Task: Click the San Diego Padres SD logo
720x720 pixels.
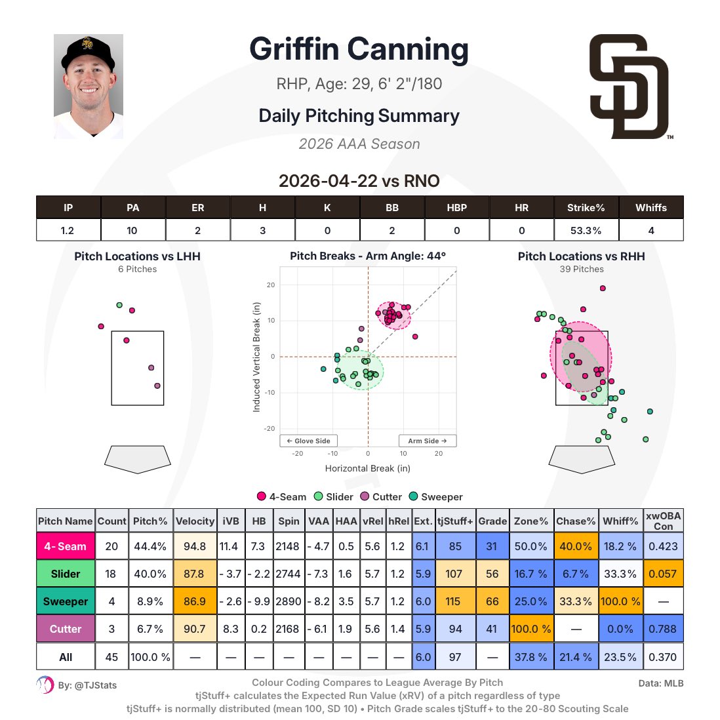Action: [x=629, y=87]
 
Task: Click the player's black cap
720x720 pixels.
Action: [x=88, y=51]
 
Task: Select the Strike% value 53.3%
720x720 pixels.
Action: [x=586, y=231]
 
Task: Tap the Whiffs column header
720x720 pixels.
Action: [x=651, y=208]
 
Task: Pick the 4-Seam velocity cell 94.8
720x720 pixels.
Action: [x=195, y=546]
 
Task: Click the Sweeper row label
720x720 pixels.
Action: [x=66, y=601]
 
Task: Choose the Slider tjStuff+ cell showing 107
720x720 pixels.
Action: [x=454, y=574]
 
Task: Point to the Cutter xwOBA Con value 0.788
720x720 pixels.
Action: [x=662, y=629]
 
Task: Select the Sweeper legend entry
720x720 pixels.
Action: [x=436, y=497]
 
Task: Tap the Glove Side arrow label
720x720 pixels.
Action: [x=309, y=441]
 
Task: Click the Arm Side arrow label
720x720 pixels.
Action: [x=428, y=441]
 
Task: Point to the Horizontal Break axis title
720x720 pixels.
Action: [x=368, y=468]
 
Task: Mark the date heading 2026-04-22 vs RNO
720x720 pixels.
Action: [x=359, y=181]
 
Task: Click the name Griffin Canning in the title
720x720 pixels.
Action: [x=359, y=49]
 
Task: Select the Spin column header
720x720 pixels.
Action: [x=289, y=521]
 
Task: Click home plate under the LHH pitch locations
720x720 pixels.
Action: [x=138, y=459]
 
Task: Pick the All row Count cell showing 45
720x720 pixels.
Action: [x=111, y=657]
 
